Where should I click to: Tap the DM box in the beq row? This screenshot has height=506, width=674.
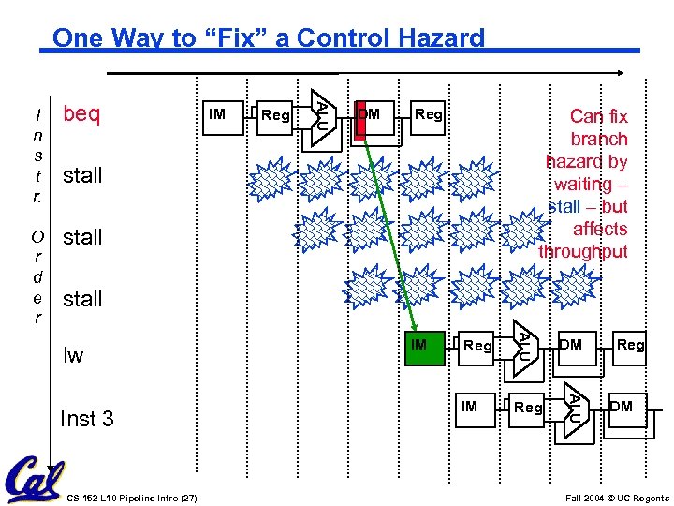click(371, 117)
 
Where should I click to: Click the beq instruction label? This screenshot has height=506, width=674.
click(81, 114)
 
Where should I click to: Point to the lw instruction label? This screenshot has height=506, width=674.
click(73, 355)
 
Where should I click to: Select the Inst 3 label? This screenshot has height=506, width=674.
click(86, 418)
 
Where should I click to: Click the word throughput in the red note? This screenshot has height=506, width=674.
click(583, 251)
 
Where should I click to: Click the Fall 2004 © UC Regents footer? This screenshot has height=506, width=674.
click(617, 497)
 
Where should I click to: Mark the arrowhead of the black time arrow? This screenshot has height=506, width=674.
click(621, 72)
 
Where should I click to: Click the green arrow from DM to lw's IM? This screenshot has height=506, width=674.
click(386, 234)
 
